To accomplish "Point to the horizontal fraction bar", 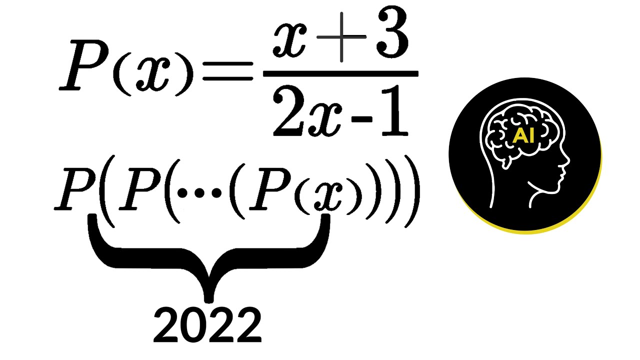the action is click(x=340, y=74).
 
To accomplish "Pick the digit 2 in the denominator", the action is click(x=286, y=116).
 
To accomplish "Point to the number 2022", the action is click(x=207, y=325).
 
